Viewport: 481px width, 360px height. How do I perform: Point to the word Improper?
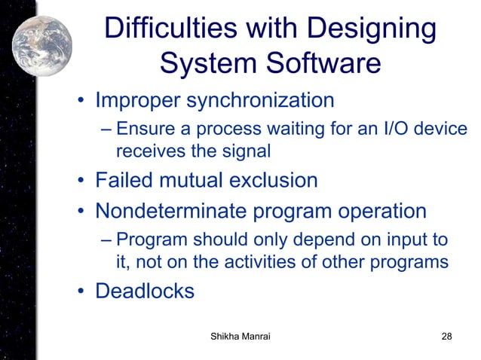tap(139, 99)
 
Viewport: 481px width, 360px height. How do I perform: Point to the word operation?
tap(375, 211)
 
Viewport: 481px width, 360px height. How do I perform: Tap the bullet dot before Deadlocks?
tap(79, 292)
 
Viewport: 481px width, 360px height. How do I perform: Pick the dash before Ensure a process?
tap(106, 130)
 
